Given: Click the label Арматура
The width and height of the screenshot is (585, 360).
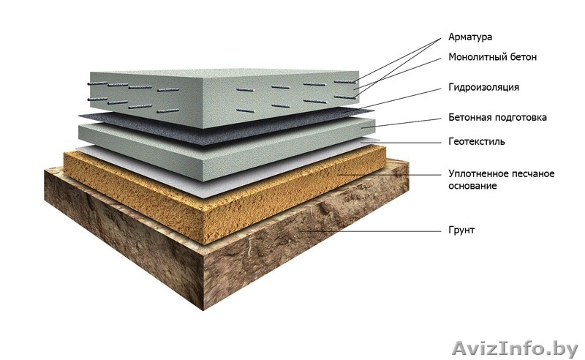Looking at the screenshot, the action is [470, 37].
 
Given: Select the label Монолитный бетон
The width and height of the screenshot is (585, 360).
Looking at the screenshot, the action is [492, 57].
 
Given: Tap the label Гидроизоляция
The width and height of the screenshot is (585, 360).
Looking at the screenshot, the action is [483, 87].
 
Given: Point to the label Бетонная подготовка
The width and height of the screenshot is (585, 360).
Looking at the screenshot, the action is [498, 118].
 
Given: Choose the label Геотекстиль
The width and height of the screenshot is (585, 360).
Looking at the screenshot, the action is [477, 141].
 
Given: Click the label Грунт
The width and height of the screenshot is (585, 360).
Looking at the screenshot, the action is [461, 230].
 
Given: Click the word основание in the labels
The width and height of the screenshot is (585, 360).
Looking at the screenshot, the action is [472, 186].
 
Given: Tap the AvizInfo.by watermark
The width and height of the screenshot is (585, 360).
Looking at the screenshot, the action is [515, 348].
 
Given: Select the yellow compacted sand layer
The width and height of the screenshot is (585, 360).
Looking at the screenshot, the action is [224, 194].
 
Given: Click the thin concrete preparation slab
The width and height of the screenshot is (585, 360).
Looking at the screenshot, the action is [227, 149].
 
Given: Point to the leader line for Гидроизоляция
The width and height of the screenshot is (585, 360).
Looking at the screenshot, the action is [392, 100].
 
